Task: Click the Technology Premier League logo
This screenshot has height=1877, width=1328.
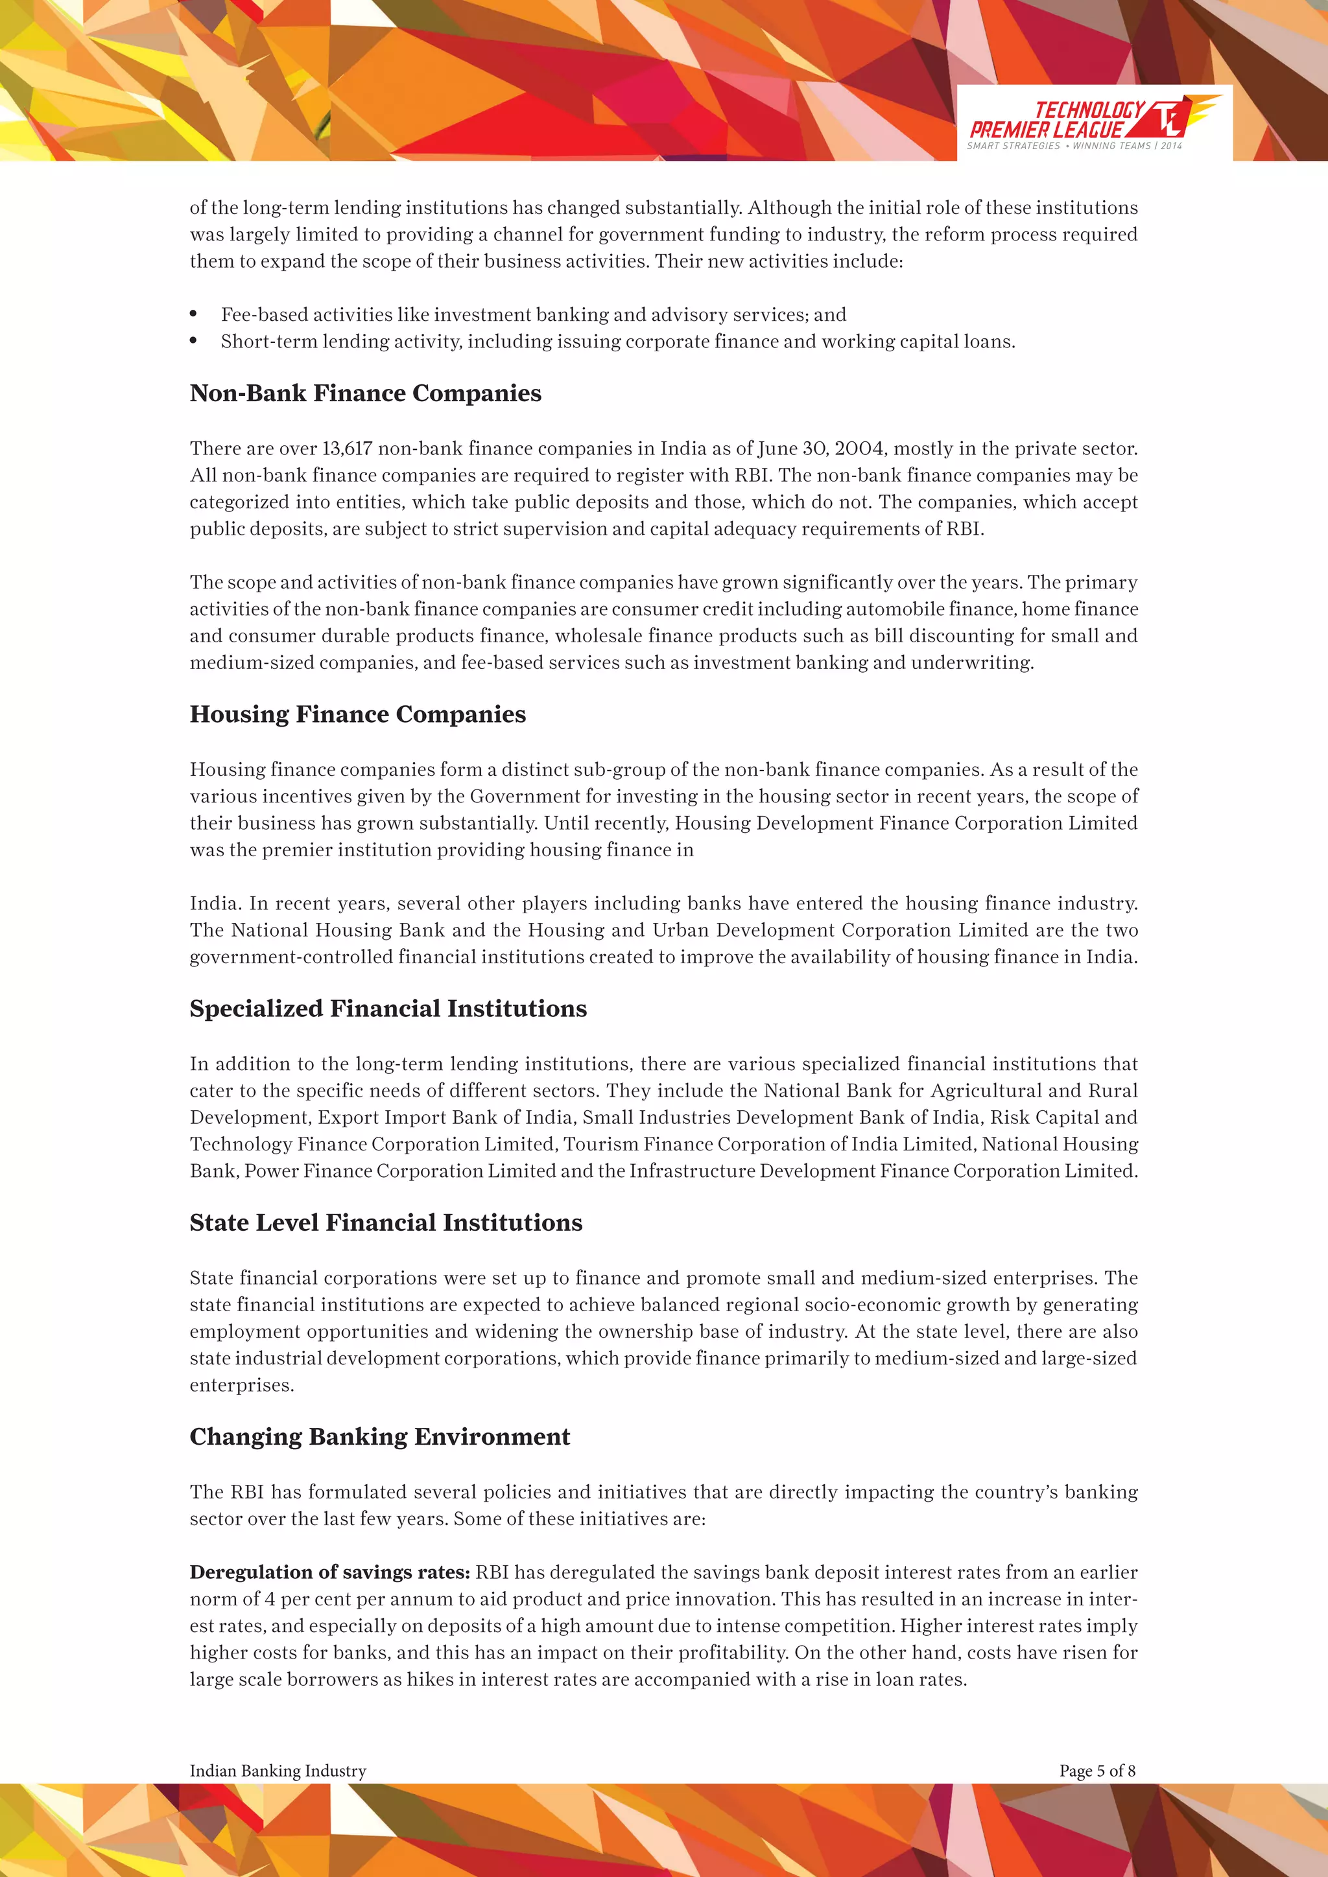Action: tap(1093, 122)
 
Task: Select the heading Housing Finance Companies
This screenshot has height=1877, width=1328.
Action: tap(357, 714)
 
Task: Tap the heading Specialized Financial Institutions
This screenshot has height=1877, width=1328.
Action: tap(388, 1008)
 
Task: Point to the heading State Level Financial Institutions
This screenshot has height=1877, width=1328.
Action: tap(386, 1223)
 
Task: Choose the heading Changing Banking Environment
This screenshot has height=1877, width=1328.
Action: tap(379, 1437)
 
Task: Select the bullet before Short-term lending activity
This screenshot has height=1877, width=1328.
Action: tap(194, 342)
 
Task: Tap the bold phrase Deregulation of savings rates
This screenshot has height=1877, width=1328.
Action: tap(329, 1572)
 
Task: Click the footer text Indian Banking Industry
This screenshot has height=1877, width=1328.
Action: tap(278, 1771)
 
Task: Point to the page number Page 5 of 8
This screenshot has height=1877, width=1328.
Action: tap(1097, 1771)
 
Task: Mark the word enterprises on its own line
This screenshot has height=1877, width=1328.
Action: tap(241, 1386)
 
